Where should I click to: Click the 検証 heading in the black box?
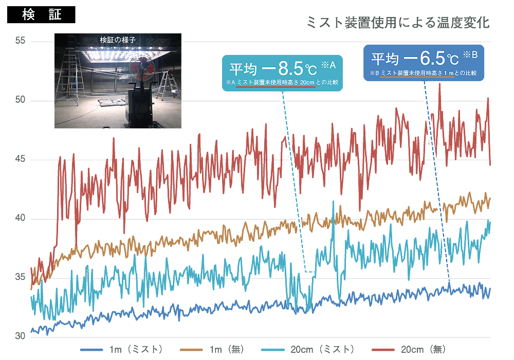(x=41, y=14)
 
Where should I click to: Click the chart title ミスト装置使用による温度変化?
(x=397, y=23)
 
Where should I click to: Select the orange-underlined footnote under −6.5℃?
(x=424, y=73)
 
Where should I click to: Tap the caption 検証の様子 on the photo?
(x=118, y=39)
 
